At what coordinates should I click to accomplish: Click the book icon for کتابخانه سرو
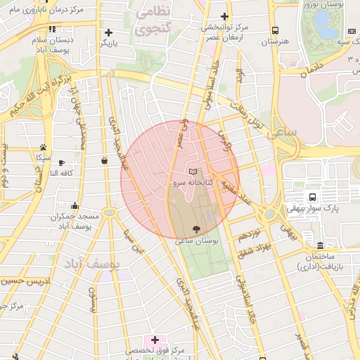[194, 172]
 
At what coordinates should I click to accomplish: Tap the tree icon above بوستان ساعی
[196, 229]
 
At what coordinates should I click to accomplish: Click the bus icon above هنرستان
[274, 31]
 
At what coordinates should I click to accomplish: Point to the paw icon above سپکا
[44, 148]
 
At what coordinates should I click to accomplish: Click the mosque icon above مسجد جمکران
[62, 207]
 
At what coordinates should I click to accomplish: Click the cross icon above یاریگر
[108, 32]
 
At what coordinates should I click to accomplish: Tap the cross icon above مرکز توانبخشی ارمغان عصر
[224, 16]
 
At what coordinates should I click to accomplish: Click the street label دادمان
[313, 72]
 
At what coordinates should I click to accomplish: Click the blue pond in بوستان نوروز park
[326, 27]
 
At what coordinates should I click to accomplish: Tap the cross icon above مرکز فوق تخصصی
[155, 340]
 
